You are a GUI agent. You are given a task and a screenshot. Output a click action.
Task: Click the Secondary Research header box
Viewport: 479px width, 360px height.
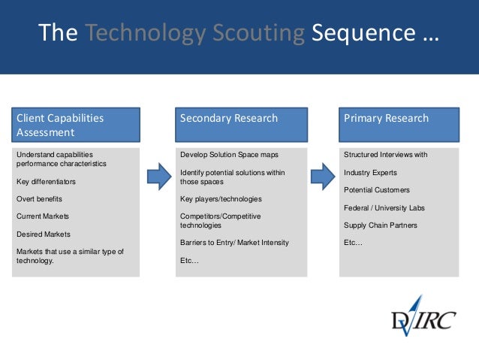240,126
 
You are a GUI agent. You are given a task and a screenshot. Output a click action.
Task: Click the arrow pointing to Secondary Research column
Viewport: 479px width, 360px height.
158,177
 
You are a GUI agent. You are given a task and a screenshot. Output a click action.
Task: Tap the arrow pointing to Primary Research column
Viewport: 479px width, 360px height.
322,177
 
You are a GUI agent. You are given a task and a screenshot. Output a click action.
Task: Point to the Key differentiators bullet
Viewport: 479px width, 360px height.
46,182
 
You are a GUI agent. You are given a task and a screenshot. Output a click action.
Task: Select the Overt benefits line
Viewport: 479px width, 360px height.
39,199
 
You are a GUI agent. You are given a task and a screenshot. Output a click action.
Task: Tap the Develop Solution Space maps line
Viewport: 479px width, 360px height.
229,155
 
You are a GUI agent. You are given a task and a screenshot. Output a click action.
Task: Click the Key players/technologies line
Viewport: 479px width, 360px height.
221,199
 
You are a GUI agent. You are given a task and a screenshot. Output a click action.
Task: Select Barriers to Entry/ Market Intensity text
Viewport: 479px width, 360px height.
234,243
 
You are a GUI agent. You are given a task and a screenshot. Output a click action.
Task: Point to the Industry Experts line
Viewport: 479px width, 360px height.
370,173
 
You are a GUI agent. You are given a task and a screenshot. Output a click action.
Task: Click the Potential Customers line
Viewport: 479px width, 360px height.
377,190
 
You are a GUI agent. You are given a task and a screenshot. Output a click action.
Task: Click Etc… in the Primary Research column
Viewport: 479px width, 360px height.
353,243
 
